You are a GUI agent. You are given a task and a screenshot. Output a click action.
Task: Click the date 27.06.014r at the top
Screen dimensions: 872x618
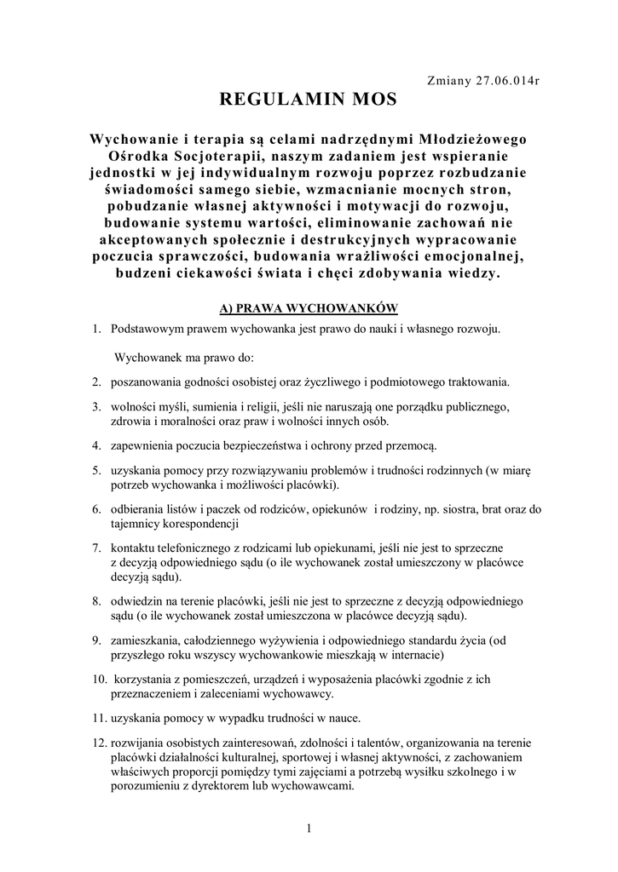coord(509,80)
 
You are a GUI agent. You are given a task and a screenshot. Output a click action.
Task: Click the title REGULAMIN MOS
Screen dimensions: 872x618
coord(309,100)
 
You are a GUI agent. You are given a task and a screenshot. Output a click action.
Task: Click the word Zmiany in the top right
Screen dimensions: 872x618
coord(448,80)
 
